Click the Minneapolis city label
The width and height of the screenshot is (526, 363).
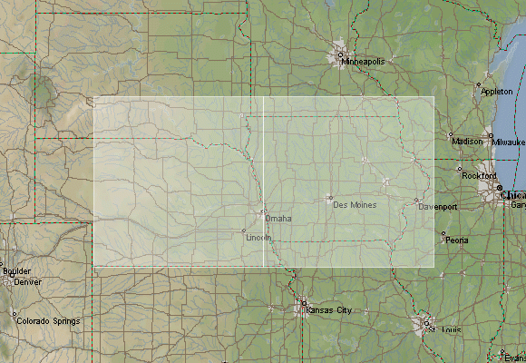click(365, 62)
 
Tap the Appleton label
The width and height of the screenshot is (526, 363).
click(496, 92)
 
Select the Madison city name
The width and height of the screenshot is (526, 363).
click(467, 142)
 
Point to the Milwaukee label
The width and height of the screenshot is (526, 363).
click(510, 142)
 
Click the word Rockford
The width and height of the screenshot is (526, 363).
click(480, 175)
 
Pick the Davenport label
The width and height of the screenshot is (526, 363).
click(437, 208)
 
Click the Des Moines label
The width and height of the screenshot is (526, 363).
click(355, 205)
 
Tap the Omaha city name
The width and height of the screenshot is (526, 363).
click(279, 219)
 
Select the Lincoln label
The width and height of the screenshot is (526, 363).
click(258, 237)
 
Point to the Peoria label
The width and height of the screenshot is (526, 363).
click(456, 240)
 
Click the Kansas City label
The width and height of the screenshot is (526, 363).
click(329, 310)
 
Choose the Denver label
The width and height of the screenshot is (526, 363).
click(28, 281)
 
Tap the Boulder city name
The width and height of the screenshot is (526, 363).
click(16, 271)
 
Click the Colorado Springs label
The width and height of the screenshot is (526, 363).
click(50, 321)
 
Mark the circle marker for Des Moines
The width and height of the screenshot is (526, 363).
click(330, 198)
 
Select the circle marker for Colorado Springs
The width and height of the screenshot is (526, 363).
click(15, 314)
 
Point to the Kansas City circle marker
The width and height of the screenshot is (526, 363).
click(304, 303)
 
